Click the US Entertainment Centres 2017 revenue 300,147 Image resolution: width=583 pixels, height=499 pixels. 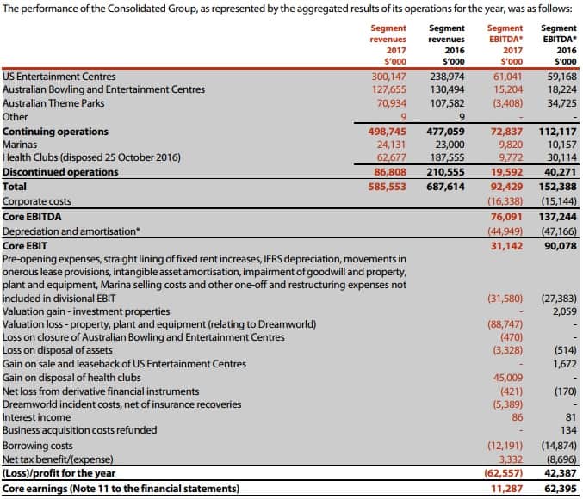[x=388, y=77]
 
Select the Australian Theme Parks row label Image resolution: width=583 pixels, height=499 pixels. [x=54, y=103]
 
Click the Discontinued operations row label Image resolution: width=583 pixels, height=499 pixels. [x=61, y=172]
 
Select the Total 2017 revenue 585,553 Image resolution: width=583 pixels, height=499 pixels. [x=388, y=186]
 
